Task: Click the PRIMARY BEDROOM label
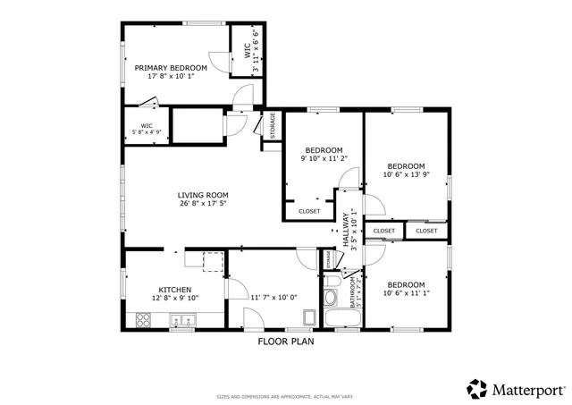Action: (171, 68)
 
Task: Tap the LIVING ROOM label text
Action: (203, 195)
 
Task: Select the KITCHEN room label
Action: (174, 290)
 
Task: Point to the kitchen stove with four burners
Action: (142, 318)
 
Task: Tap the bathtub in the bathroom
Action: (341, 318)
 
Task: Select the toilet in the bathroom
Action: (330, 298)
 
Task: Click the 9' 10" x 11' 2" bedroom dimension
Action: (324, 158)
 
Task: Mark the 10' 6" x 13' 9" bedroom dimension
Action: (406, 174)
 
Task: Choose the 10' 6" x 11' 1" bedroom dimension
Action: (406, 292)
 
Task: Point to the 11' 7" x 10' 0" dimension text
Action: (273, 297)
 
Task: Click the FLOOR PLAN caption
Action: (285, 341)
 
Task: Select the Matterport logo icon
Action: (478, 389)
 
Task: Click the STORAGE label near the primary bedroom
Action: (272, 126)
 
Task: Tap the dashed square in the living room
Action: (213, 261)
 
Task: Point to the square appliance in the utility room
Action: (309, 317)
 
